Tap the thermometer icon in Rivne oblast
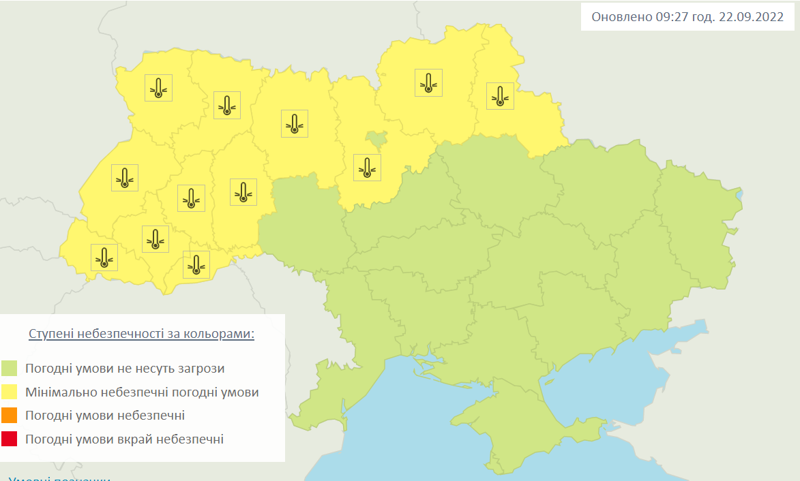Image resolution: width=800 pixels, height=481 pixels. click(x=226, y=106)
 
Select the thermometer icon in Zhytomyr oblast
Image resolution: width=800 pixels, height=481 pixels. click(x=294, y=123)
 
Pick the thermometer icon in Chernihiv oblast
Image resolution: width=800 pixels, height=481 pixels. click(x=428, y=82)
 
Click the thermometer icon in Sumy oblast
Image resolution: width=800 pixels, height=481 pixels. click(x=500, y=96)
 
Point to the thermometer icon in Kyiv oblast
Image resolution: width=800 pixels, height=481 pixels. click(x=367, y=168)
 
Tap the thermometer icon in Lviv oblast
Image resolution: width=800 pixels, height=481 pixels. click(x=124, y=178)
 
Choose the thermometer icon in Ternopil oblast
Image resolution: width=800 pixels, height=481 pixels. click(x=191, y=198)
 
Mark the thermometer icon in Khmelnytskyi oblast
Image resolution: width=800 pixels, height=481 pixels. click(x=243, y=192)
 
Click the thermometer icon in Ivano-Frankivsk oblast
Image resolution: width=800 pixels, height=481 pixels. click(x=155, y=239)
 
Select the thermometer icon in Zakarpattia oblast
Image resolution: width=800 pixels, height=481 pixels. click(x=104, y=258)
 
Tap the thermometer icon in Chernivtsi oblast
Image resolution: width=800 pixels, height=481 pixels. click(x=196, y=264)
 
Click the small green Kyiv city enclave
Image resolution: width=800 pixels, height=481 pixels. click(x=375, y=139)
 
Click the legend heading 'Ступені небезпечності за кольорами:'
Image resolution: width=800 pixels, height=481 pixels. click(x=141, y=335)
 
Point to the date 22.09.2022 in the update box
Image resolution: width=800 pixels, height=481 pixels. click(x=751, y=17)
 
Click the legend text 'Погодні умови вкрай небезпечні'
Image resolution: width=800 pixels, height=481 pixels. click(x=124, y=439)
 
